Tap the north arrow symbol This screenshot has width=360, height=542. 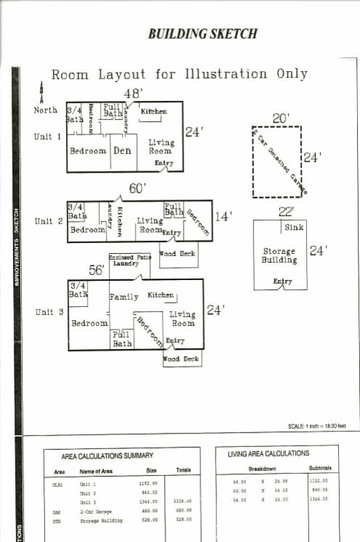[x=41, y=93]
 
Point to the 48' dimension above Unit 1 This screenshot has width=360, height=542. [x=132, y=94]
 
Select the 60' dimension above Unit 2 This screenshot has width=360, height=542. [x=137, y=189]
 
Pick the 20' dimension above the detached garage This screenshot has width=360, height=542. [x=281, y=118]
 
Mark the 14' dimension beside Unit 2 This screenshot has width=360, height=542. [x=222, y=216]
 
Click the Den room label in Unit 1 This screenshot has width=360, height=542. [x=121, y=151]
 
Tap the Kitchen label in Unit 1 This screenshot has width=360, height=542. [x=153, y=112]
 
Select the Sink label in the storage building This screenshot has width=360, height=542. [x=294, y=228]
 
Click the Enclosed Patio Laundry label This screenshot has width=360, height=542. [x=129, y=260]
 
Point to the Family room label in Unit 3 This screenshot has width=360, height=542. [x=123, y=297]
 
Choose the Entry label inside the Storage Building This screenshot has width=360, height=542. [x=282, y=282]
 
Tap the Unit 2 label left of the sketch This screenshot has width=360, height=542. [x=49, y=221]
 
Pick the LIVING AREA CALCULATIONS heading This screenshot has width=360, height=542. [x=268, y=453]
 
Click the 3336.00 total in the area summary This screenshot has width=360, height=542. [x=182, y=501]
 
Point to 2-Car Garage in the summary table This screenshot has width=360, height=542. [x=96, y=512]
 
